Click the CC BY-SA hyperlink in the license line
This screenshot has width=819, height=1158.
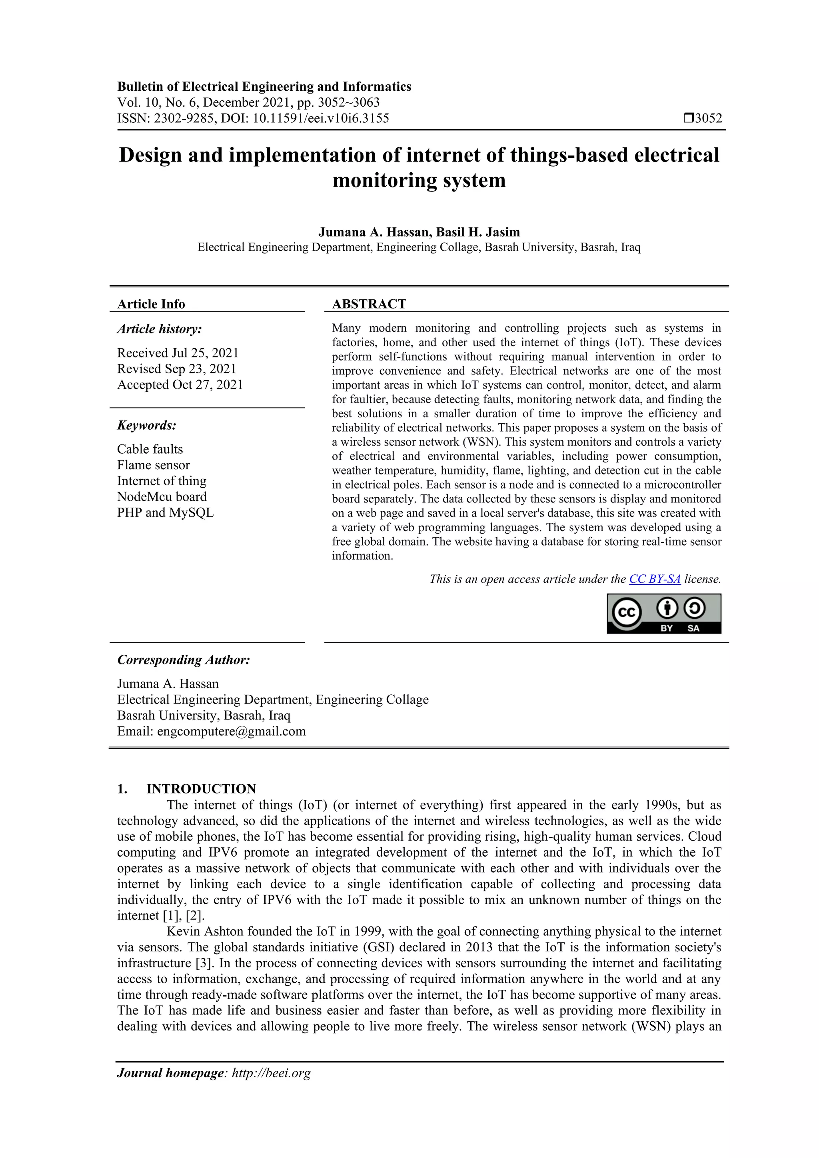pyautogui.click(x=655, y=579)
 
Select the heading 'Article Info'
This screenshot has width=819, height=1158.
pyautogui.click(x=151, y=304)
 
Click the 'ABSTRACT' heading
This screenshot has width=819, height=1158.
pyautogui.click(x=369, y=304)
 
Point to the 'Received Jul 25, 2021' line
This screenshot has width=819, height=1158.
pyautogui.click(x=178, y=353)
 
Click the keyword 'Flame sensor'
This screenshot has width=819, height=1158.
pyautogui.click(x=154, y=465)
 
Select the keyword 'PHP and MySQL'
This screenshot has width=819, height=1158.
pyautogui.click(x=165, y=512)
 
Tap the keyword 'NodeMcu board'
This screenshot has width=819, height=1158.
pyautogui.click(x=162, y=497)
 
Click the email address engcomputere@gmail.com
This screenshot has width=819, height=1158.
pyautogui.click(x=231, y=731)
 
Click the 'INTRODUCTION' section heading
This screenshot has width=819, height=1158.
pyautogui.click(x=201, y=788)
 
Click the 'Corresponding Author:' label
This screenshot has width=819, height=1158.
pyautogui.click(x=183, y=660)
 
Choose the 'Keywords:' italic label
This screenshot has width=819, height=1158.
pyautogui.click(x=146, y=425)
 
